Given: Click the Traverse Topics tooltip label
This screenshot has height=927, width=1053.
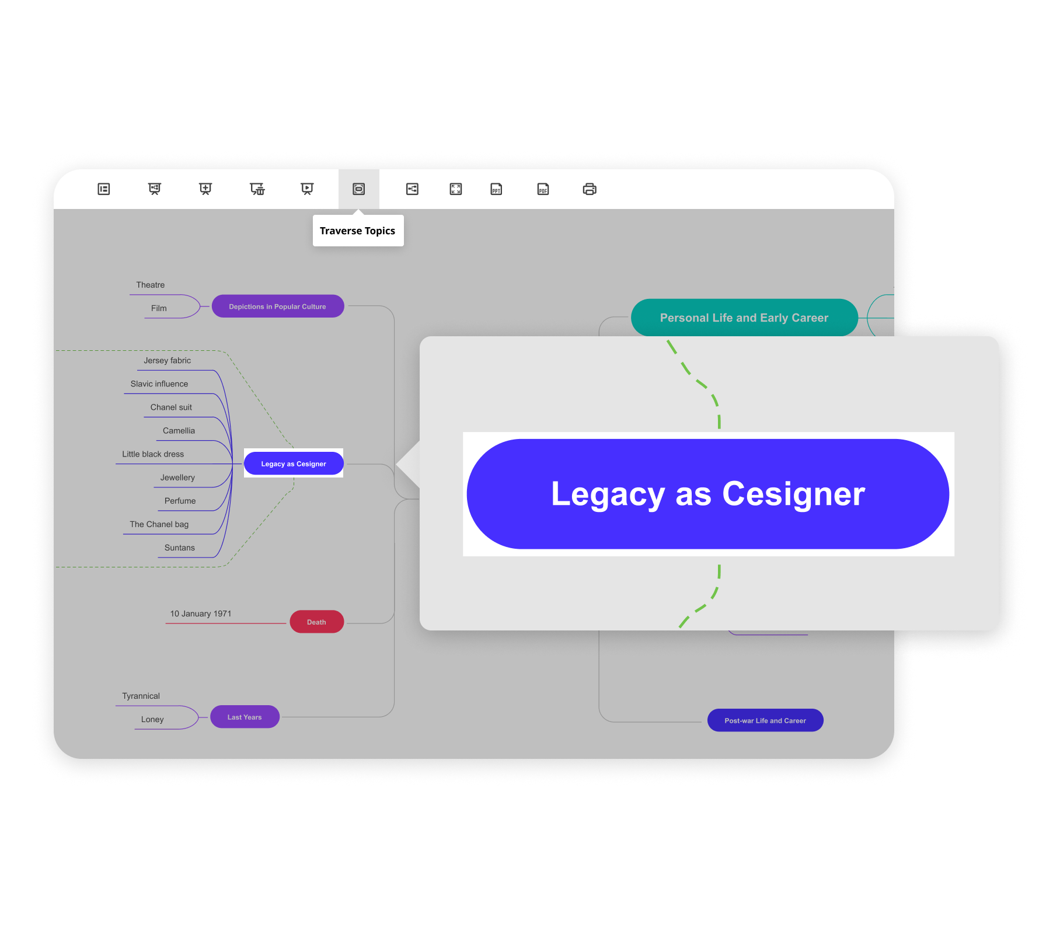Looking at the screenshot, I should coord(357,231).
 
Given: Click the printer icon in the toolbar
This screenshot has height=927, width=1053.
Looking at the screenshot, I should coord(590,189).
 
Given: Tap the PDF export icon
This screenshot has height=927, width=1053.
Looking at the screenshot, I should coord(543,189).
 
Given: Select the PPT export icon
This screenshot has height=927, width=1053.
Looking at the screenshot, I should coord(496,189).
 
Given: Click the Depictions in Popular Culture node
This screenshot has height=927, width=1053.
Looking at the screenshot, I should coord(277,306).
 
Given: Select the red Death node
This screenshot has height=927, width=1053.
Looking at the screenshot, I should coord(316,622).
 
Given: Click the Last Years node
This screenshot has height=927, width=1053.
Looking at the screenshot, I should coord(245,717).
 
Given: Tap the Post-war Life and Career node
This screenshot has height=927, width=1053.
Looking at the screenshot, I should coord(765,720).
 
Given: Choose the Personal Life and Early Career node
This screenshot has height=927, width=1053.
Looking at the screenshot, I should coord(744,318).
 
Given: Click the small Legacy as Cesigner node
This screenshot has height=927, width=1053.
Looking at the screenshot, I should coord(293,463).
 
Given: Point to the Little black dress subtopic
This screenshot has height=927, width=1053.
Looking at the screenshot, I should coord(153,454).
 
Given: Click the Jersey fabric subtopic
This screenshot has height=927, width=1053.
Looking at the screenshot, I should coord(167,361).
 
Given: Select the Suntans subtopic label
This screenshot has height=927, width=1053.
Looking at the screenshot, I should coord(179,548).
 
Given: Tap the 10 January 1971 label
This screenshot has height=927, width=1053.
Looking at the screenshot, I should coord(201,614).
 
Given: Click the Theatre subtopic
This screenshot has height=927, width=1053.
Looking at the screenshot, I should coord(150,285).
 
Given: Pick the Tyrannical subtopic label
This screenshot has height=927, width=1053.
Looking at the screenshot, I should coord(141,696).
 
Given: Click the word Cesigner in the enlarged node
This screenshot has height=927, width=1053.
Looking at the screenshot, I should coord(793,494).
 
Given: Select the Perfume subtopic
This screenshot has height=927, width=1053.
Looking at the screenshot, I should coord(180,501).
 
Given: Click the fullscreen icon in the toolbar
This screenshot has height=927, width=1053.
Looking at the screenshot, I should coord(456,189).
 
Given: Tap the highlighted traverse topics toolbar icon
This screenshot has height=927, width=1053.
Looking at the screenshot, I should coord(358,189).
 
